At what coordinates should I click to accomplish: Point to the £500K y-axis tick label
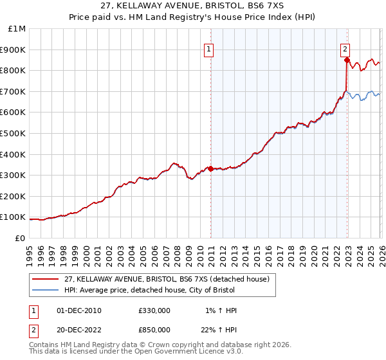[x=14, y=133]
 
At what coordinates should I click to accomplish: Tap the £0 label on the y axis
[x=20, y=238]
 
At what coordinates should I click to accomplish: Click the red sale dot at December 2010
[x=210, y=168]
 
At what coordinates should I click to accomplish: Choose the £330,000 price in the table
[x=154, y=310]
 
